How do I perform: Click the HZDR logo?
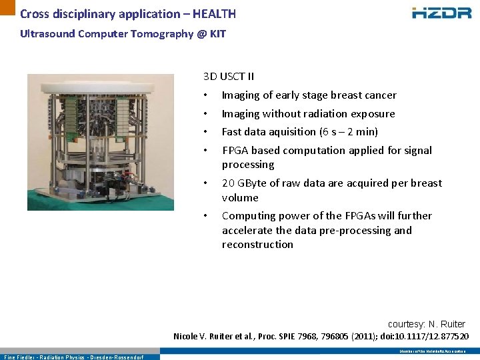click(441, 12)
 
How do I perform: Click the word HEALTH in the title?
click(214, 14)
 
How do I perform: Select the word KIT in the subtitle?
click(217, 33)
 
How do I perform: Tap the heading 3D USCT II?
click(229, 77)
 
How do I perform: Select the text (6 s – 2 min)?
click(349, 132)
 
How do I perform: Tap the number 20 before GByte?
click(228, 183)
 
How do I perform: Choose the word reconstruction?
click(257, 245)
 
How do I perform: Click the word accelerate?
click(247, 231)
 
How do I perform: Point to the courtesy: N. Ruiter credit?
click(426, 324)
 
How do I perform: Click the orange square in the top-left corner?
click(7, 7)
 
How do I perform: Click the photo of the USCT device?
click(101, 142)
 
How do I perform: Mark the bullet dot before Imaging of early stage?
click(207, 95)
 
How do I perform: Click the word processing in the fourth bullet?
click(248, 165)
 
